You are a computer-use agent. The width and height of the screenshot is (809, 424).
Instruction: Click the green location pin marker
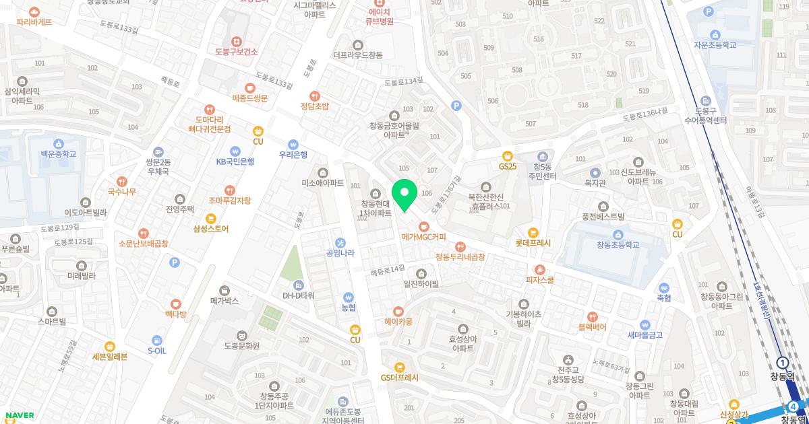(404, 195)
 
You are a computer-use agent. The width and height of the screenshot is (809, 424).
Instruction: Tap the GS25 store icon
(508, 155)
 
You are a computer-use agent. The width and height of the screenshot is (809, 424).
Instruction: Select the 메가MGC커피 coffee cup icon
(424, 226)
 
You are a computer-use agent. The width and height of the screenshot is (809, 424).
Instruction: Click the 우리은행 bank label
(293, 155)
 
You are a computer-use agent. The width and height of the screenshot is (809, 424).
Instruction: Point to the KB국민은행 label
(235, 162)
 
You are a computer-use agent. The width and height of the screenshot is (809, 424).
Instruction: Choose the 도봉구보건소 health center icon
(237, 41)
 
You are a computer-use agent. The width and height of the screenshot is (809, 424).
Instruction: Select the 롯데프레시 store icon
(534, 233)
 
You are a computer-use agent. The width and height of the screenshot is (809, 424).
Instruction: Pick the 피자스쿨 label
(540, 280)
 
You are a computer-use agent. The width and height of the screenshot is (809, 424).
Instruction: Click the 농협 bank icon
(349, 296)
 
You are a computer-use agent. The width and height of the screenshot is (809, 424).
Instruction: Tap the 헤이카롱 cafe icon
(398, 312)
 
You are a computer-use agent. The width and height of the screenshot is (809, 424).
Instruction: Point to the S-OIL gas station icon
(157, 341)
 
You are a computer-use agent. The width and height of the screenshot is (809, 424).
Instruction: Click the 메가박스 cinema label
(224, 301)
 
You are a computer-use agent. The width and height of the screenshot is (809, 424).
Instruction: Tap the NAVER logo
(20, 415)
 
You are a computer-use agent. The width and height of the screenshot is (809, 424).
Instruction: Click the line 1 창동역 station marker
(782, 362)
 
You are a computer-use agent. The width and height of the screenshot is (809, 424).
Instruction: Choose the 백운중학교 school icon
(59, 143)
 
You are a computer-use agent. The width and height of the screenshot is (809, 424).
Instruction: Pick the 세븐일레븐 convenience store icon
(110, 346)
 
